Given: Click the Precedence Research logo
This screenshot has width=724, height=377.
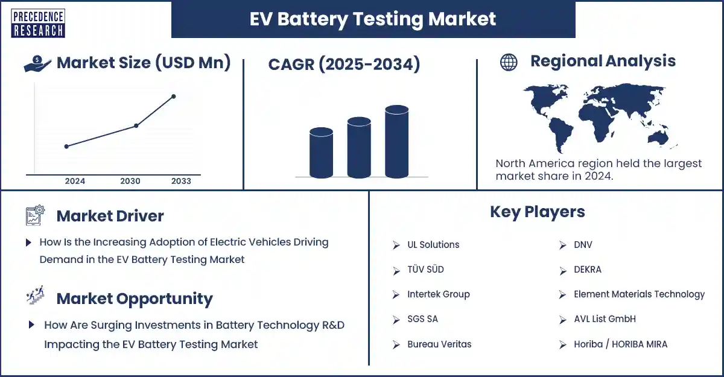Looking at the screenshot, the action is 38,24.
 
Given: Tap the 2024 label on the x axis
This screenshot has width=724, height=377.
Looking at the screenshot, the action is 75,181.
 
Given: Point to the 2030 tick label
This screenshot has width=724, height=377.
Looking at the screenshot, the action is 130,181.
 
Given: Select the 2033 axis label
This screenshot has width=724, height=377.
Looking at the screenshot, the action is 182,181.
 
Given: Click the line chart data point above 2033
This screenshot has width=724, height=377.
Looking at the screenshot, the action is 174,97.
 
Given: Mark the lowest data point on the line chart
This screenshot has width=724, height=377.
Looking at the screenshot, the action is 66,147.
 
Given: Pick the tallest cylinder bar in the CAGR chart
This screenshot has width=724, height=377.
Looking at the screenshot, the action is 397,142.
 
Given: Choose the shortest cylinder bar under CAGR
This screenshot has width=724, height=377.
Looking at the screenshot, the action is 321,153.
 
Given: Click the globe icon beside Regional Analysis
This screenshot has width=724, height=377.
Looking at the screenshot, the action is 509,62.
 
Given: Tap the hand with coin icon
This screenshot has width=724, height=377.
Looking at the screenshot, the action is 37,63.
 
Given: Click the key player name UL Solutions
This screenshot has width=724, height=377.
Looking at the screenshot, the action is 433,244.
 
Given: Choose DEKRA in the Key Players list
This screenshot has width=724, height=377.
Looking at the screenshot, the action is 588,270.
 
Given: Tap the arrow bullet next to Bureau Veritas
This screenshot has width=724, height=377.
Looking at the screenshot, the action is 396,344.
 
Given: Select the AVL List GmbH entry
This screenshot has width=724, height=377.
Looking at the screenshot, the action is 605,319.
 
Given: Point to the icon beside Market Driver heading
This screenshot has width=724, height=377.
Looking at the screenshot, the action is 35,215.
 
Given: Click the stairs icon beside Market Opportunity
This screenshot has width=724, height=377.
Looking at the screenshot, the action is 35,295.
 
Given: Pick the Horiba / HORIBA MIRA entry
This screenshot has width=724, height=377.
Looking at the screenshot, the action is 621,344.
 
